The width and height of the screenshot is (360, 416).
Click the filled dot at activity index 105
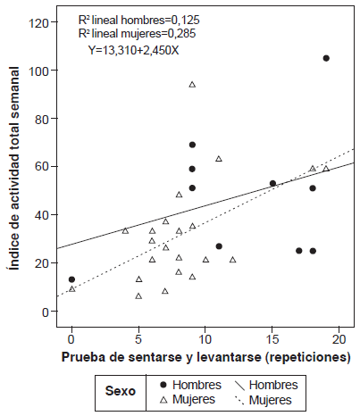coord(326,58)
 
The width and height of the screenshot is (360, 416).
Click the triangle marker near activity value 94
coord(192,85)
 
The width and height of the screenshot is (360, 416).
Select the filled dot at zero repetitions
coord(71,279)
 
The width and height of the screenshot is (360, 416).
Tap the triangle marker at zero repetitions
coord(71,288)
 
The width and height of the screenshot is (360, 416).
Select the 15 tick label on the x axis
coord(272,339)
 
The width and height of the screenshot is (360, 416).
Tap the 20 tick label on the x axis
coord(339,339)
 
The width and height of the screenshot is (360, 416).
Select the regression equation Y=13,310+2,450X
coord(134,50)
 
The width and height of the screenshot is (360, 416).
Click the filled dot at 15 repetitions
coord(272,183)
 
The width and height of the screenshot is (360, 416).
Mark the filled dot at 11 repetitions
coord(219,245)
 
